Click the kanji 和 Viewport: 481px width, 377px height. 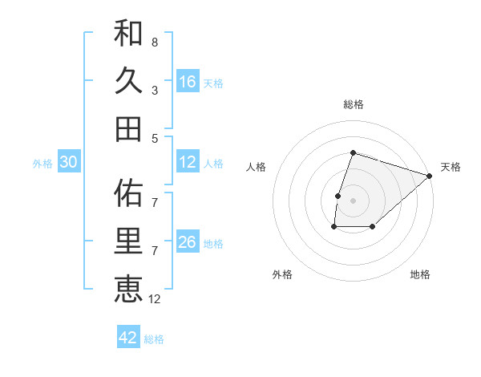[129, 34]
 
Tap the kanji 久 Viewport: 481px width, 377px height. [129, 81]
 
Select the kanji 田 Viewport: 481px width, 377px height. [129, 128]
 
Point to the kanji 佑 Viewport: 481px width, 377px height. [129, 193]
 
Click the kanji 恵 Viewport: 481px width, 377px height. [129, 289]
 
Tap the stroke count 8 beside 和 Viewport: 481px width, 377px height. [155, 42]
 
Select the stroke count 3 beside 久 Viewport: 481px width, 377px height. [155, 91]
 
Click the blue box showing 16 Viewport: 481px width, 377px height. [188, 82]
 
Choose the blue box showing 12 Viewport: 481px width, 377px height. [188, 162]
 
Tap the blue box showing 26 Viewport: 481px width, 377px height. [188, 242]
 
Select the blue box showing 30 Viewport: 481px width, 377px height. [69, 162]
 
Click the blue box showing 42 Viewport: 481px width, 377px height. [128, 338]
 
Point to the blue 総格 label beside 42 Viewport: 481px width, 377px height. [154, 339]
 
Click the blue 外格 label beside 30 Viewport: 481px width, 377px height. [42, 164]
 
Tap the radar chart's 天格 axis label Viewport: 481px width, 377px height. [451, 167]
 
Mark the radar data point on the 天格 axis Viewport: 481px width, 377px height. [430, 176]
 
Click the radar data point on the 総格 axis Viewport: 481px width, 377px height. [353, 152]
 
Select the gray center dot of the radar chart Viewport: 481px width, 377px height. [353, 201]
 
